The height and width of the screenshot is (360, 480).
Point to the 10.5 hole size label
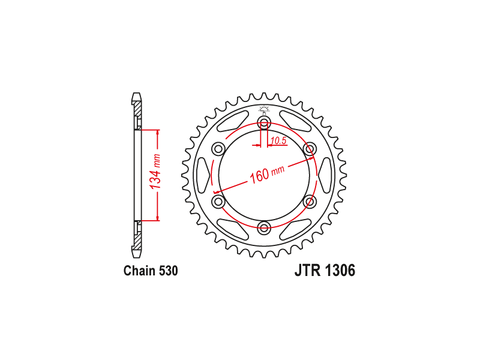(278, 140)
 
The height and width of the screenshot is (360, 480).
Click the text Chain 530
(151, 271)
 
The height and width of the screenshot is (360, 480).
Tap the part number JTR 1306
(325, 271)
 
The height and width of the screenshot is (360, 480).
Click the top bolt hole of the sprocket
(264, 124)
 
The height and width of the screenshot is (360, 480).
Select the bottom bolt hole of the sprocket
(264, 227)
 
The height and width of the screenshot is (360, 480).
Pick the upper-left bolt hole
(218, 149)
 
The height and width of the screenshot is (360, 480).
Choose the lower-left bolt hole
(218, 202)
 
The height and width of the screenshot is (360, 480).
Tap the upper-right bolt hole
(309, 149)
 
